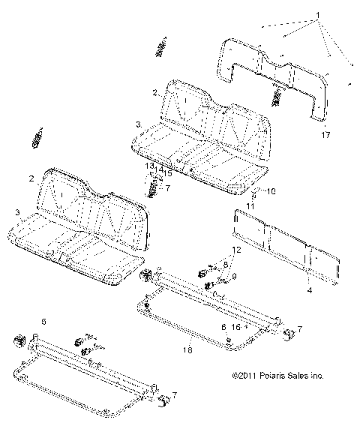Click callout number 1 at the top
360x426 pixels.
pos(318,15)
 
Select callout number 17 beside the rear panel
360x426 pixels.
pos(325,136)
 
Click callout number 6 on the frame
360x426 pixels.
pos(223,327)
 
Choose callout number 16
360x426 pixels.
pos(237,327)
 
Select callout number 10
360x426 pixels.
pos(250,191)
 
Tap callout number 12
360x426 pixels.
pos(235,248)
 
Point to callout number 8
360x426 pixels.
pos(225,265)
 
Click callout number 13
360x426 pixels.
pos(149,166)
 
